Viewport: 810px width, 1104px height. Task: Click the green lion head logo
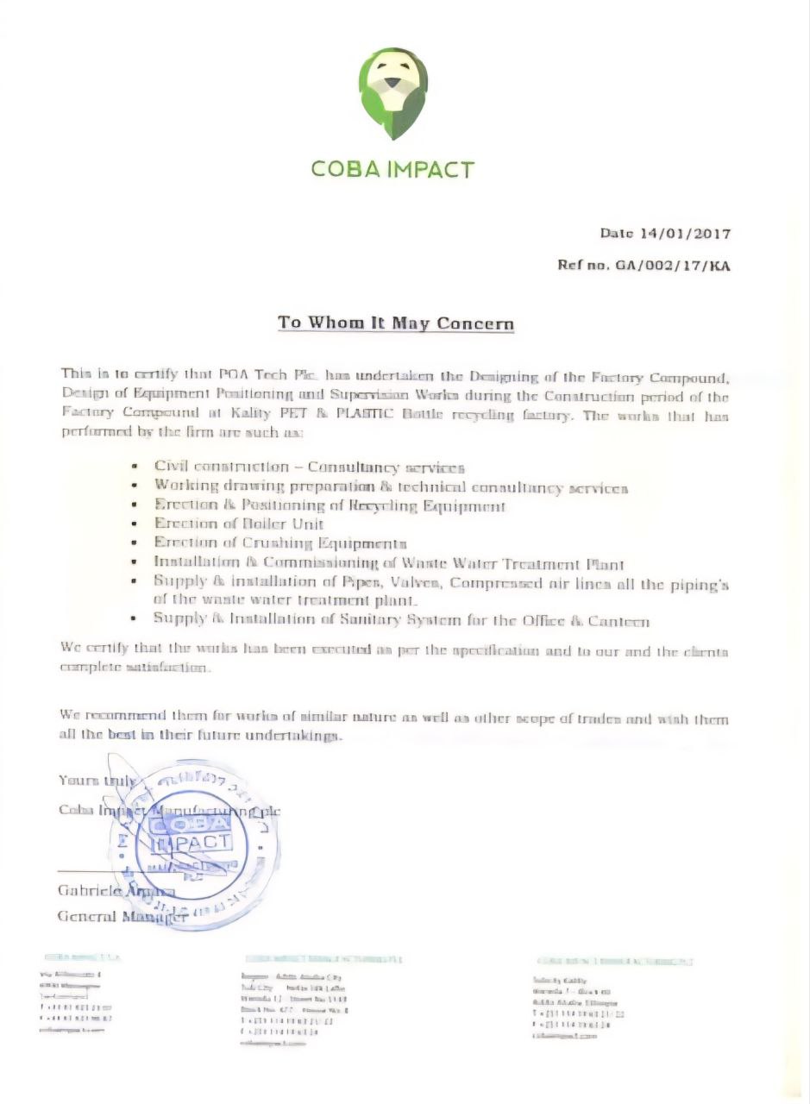click(394, 94)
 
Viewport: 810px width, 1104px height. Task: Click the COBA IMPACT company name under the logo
click(392, 168)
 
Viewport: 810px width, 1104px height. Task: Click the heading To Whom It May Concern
click(396, 323)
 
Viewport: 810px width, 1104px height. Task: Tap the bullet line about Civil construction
click(310, 467)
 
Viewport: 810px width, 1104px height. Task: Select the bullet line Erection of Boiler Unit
click(239, 524)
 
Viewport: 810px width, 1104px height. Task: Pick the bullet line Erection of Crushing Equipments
click(280, 543)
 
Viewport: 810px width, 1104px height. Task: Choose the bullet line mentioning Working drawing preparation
click(391, 486)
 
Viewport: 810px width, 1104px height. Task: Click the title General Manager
click(122, 915)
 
